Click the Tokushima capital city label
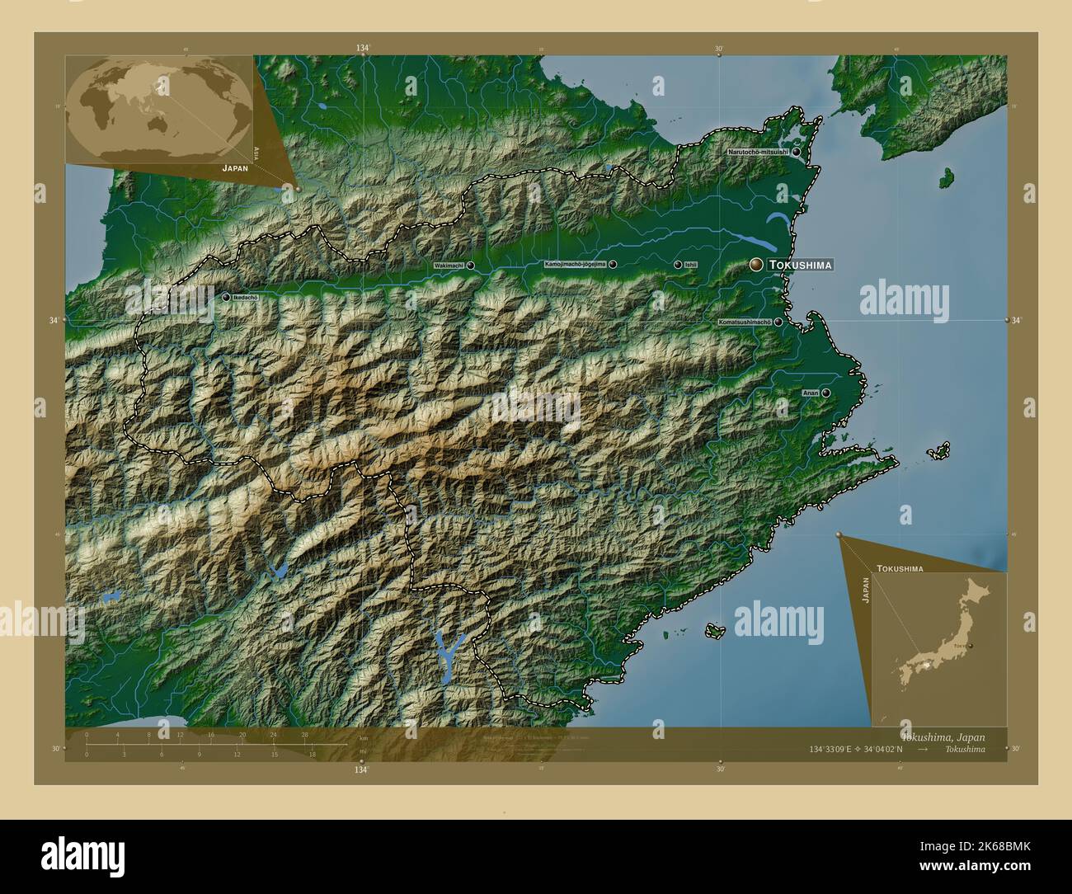point(799,265)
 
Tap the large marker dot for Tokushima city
point(756,264)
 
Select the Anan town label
point(811,393)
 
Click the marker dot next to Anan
point(825,393)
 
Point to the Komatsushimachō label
point(745,322)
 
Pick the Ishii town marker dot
point(678,265)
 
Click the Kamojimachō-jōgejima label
point(575,265)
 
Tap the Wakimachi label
point(449,266)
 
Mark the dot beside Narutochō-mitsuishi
point(797,153)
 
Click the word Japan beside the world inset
point(234,167)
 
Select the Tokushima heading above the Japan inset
point(900,569)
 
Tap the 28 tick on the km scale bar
point(305,734)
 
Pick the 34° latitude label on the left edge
point(54,320)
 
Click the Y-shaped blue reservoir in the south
point(448,652)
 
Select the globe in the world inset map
point(157,107)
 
